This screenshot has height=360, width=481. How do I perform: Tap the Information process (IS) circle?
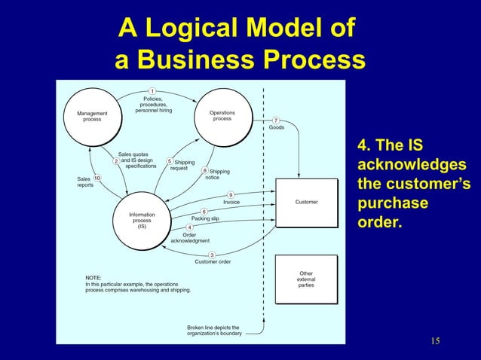tap(142, 220)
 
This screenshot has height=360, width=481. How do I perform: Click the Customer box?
tap(306, 203)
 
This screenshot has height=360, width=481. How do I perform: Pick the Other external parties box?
tap(306, 279)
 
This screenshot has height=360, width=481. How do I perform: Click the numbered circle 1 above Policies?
tap(153, 93)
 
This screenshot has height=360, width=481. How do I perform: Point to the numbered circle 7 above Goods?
tap(277, 121)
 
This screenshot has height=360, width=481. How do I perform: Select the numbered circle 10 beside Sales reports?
tap(97, 178)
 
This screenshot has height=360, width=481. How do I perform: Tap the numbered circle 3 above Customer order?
tap(213, 255)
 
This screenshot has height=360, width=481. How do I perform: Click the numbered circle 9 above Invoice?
tap(231, 194)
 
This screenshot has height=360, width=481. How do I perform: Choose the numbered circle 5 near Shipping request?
tap(170, 160)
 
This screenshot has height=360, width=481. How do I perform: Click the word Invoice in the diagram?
tap(231, 203)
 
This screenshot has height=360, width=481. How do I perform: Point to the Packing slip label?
tap(205, 218)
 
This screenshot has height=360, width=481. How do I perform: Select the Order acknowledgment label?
tap(190, 237)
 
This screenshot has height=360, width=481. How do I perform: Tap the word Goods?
tap(277, 128)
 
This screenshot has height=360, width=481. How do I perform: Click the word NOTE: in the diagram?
tap(93, 276)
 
